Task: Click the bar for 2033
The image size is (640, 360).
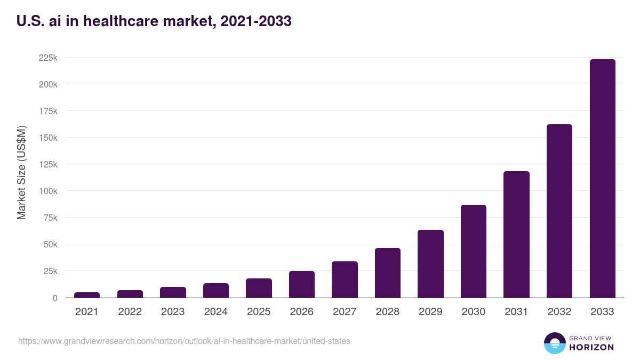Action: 602,179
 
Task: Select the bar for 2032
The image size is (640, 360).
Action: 559,211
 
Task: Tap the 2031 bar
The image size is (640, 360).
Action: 516,235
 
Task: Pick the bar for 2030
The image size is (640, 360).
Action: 474,251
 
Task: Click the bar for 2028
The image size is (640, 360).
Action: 388,273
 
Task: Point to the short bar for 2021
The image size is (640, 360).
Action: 87,295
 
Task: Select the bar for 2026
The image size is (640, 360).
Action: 302,284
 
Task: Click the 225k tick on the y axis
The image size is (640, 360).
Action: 48,58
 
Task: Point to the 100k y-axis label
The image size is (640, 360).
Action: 48,191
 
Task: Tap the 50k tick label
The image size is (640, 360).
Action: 50,244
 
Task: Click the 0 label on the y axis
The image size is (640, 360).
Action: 54,298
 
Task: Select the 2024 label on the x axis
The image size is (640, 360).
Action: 215,312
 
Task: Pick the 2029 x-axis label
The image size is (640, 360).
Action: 430,312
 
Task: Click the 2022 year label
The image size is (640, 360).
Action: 130,312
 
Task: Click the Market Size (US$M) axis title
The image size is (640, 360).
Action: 21,172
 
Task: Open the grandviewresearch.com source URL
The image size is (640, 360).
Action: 184,341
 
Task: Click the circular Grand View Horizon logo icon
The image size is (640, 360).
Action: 554,343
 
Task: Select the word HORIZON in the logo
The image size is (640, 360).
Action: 591,347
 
